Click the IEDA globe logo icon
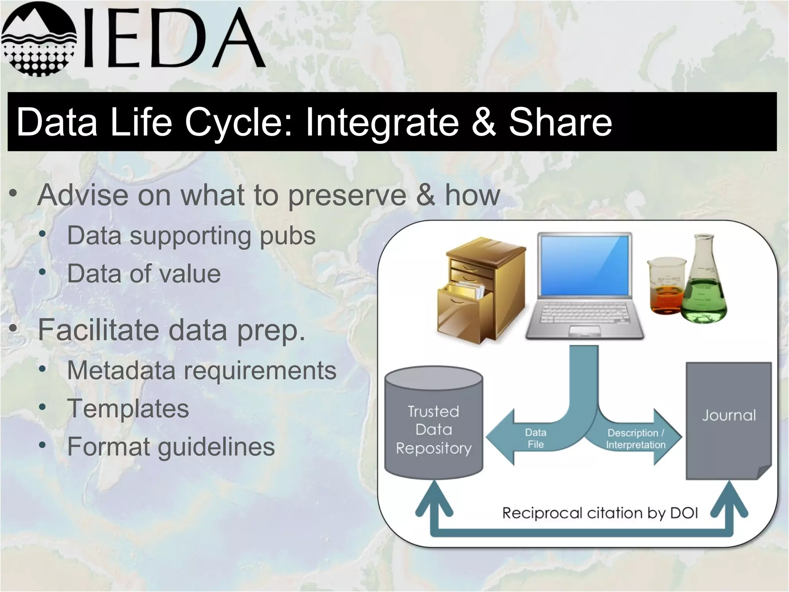39,39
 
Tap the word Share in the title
560,122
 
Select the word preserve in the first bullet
347,196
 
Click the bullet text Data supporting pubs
191,235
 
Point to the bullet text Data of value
144,274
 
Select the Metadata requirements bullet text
201,370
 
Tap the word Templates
128,409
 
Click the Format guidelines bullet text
171,447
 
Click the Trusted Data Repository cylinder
434,424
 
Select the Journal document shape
728,420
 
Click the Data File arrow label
536,438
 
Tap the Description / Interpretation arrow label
636,439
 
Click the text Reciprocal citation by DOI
600,513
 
